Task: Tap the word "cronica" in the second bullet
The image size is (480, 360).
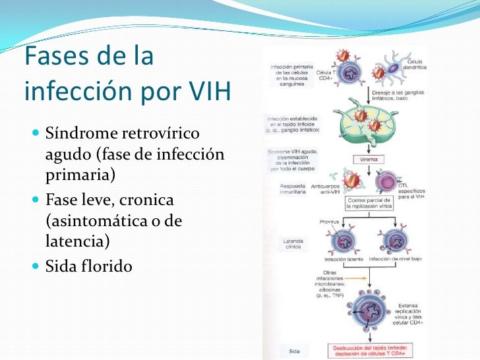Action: coord(158,199)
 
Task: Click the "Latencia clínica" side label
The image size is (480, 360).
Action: coord(293,244)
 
